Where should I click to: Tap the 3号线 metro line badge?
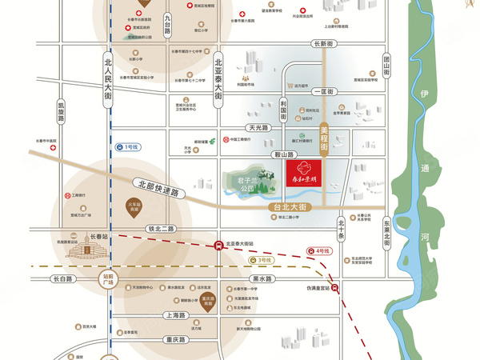[x=262, y=260]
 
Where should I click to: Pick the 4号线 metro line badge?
[x=322, y=251]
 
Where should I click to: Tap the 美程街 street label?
[x=325, y=138]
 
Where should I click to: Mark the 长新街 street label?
[x=323, y=44]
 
